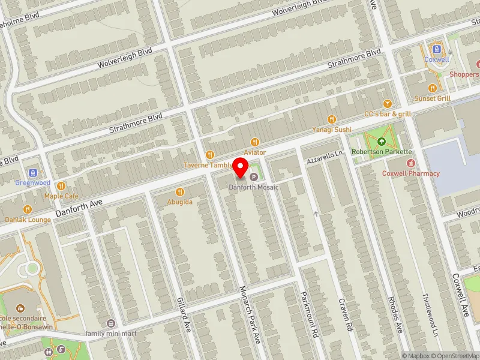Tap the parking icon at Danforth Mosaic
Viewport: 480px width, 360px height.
(x=254, y=177)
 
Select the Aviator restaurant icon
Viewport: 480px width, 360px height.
(x=255, y=142)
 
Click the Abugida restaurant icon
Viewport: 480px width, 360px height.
(x=180, y=192)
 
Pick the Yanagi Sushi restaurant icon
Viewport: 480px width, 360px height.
(x=332, y=119)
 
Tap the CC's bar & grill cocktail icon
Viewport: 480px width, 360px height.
(x=387, y=103)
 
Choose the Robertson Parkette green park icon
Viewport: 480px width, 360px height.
(x=382, y=142)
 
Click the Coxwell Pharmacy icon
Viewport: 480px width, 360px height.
(x=411, y=163)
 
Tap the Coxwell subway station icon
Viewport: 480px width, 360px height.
(x=436, y=49)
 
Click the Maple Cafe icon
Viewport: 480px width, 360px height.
(x=61, y=185)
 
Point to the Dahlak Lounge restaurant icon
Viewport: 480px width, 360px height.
(x=28, y=209)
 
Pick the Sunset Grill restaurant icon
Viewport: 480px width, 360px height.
(x=432, y=88)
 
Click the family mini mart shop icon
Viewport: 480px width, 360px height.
(x=110, y=323)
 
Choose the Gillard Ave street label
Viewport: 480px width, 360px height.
(x=184, y=310)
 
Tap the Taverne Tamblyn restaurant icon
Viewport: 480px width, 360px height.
(x=210, y=155)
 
